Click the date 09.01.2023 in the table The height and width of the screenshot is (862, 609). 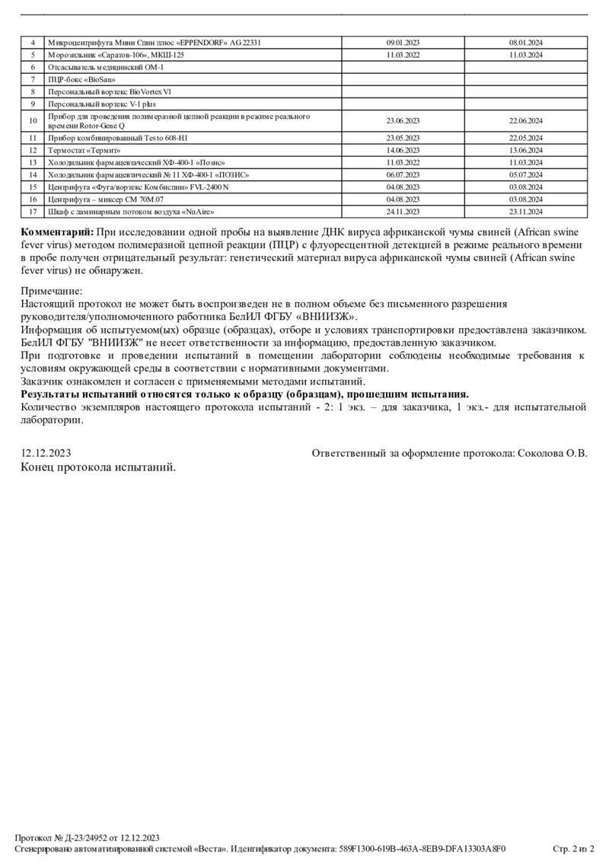(403, 43)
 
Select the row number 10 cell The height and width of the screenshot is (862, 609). (33, 121)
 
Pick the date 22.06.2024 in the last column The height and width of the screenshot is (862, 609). (525, 121)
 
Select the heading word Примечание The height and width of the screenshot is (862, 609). (51, 291)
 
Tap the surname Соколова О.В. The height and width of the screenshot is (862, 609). (552, 453)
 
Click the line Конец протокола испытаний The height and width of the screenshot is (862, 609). (98, 467)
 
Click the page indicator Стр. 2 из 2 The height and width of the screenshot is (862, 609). (572, 848)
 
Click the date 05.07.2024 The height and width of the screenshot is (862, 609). (525, 174)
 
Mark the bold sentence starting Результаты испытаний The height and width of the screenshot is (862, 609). (244, 394)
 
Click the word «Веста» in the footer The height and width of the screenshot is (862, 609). (207, 848)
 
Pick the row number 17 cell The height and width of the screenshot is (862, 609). (33, 212)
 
